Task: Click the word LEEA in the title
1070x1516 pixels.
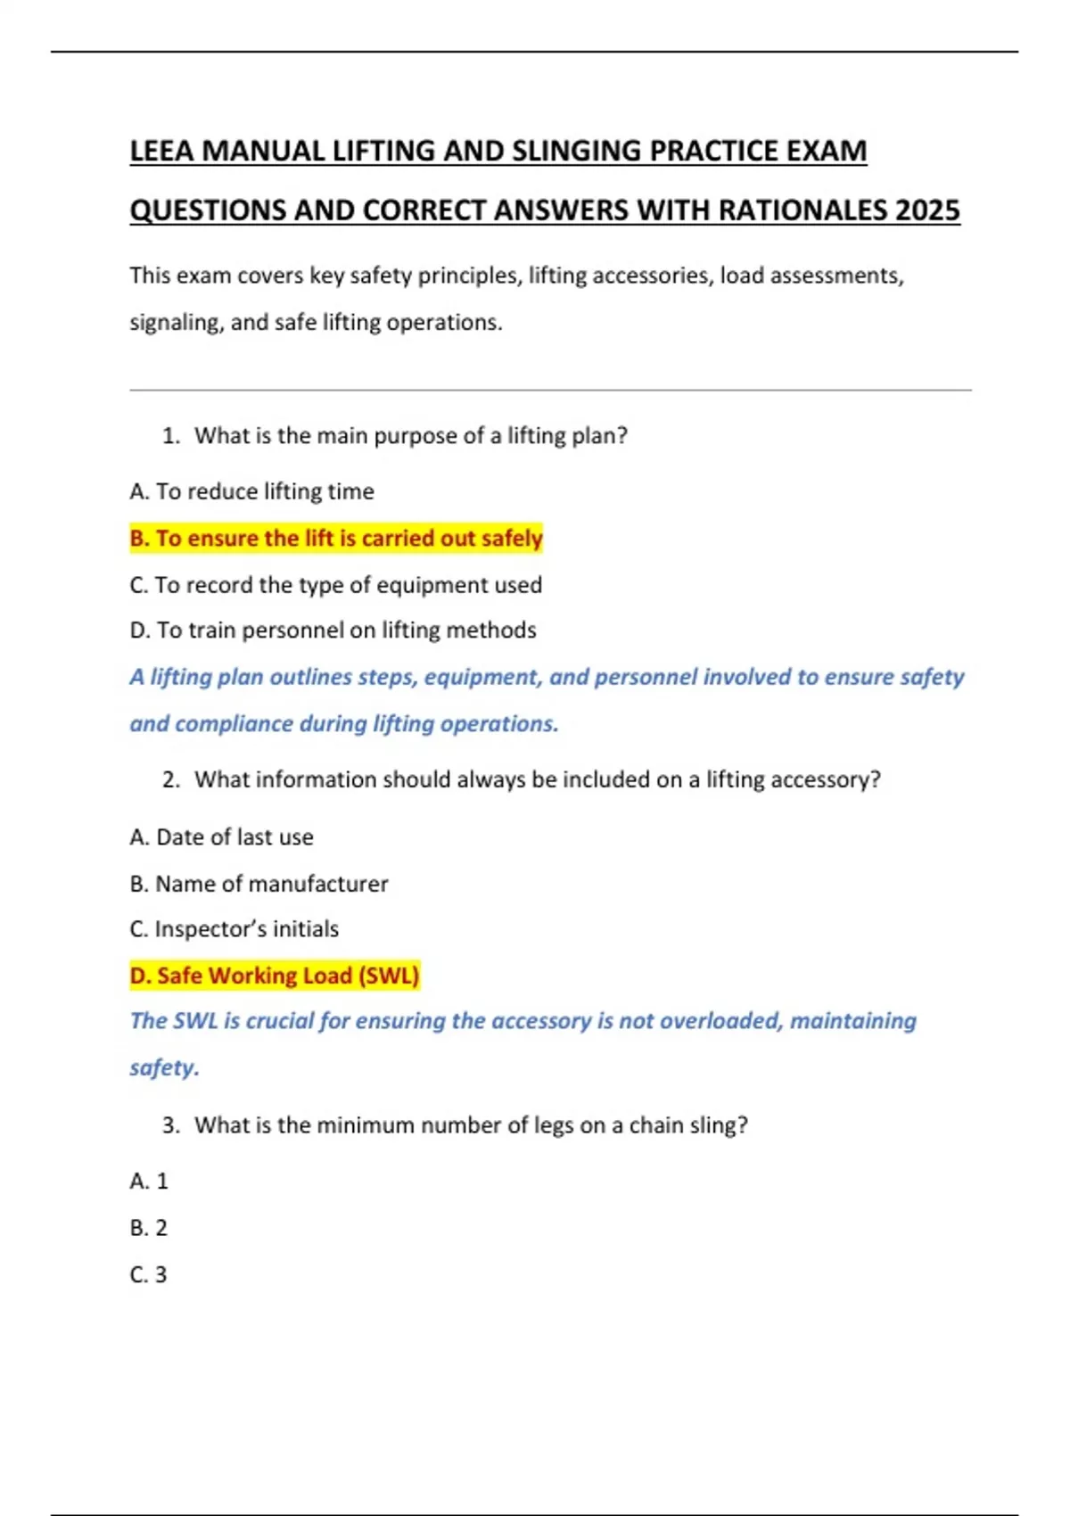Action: click(x=161, y=151)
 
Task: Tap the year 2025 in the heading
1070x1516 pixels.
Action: click(x=927, y=210)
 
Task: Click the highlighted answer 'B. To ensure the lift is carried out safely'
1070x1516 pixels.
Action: click(x=336, y=539)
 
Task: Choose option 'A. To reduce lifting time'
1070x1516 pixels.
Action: click(x=251, y=491)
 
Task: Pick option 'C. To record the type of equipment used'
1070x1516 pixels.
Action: click(x=335, y=585)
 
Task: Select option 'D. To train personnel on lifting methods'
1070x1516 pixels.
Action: click(x=333, y=630)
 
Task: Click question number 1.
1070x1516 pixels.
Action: click(x=171, y=436)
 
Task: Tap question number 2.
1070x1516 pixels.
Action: click(x=171, y=780)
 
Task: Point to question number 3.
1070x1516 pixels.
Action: click(x=171, y=1125)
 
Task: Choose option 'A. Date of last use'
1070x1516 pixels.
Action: click(x=221, y=837)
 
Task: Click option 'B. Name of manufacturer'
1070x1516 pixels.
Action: click(x=259, y=884)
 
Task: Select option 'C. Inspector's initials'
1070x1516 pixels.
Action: click(x=234, y=929)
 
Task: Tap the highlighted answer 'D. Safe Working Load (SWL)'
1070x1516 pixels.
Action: click(x=275, y=976)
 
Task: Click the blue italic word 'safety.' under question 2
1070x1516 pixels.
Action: click(x=164, y=1067)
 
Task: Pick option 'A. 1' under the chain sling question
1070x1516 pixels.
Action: click(x=149, y=1182)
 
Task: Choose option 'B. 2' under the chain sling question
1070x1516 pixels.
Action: click(x=149, y=1228)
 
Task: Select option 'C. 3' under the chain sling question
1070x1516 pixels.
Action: click(x=149, y=1275)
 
